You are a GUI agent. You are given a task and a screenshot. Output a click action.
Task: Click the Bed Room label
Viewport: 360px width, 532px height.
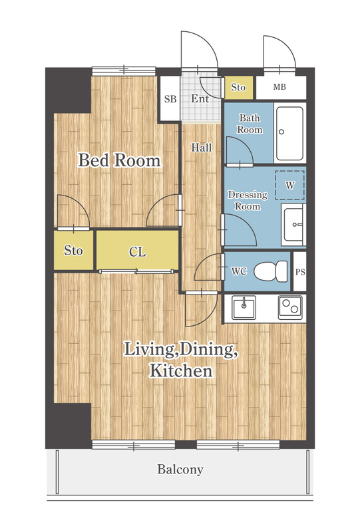[x=119, y=160]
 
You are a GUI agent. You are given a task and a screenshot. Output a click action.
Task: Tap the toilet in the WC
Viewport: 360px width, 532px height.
[x=271, y=271]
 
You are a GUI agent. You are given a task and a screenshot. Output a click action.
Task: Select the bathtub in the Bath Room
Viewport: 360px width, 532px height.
[x=289, y=134]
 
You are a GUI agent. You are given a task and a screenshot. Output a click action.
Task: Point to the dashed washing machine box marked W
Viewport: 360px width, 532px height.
[x=289, y=186]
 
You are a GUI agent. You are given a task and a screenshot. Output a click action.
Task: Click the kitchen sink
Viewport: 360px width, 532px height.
[x=244, y=307]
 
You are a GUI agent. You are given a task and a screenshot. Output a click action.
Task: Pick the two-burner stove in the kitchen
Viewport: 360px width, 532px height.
[x=290, y=307]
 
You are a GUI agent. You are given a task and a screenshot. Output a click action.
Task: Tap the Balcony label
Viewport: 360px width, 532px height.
[x=180, y=469]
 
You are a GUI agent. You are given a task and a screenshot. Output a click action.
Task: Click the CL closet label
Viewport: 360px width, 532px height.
[x=138, y=252]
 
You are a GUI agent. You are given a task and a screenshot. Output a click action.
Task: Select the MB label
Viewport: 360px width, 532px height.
[x=279, y=87]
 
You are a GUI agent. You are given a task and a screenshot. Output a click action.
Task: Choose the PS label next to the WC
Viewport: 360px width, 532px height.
[x=300, y=272]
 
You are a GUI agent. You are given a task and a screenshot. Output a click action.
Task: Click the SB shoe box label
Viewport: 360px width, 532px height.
[x=170, y=99]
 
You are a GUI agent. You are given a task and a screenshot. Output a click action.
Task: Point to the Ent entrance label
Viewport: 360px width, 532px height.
[x=200, y=98]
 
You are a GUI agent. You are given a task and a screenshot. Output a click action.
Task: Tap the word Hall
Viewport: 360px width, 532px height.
[x=202, y=148]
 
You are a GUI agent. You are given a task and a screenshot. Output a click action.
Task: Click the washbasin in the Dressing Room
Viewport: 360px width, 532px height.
[x=293, y=225]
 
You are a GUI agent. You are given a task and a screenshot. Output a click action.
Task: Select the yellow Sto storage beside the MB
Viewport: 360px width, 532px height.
[x=238, y=88]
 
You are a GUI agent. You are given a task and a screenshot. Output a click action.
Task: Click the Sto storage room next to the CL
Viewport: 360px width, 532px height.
[x=73, y=251]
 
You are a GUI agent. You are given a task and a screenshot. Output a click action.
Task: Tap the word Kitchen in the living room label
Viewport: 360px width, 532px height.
[x=181, y=370]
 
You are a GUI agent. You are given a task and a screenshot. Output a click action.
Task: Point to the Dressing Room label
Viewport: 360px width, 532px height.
[x=248, y=201]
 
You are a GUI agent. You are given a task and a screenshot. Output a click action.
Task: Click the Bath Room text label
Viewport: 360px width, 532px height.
[x=250, y=124]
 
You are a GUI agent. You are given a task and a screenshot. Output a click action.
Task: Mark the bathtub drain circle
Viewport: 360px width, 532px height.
[x=281, y=132]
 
